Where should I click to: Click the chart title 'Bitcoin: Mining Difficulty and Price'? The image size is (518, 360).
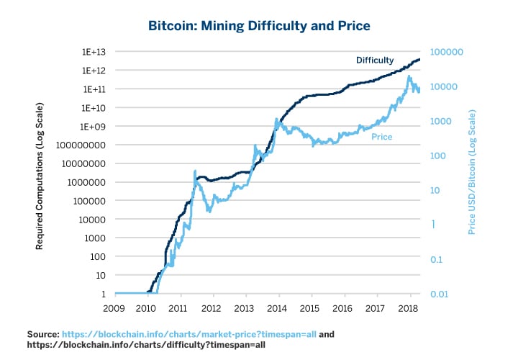(x=259, y=26)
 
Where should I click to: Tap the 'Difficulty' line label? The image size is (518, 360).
(x=375, y=60)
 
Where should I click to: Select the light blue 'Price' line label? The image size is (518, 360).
(x=382, y=136)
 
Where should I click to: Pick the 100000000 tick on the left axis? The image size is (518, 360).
(x=83, y=145)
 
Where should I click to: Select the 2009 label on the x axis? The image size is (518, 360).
(x=114, y=307)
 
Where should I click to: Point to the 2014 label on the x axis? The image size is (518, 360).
(x=279, y=307)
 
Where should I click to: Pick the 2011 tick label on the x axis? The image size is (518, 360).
(x=180, y=307)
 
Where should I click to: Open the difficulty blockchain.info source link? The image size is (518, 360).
(x=145, y=346)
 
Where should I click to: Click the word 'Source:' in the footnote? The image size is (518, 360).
(x=42, y=335)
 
